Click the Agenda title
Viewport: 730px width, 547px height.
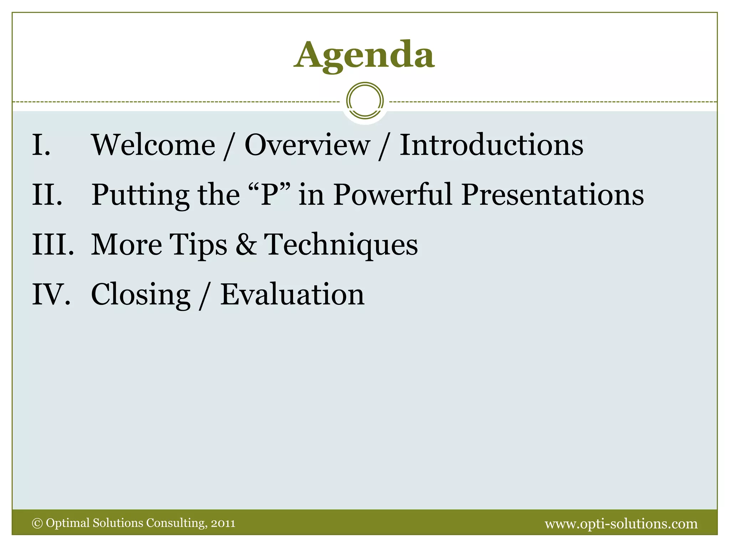[364, 55]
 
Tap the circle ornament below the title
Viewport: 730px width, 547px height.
[365, 101]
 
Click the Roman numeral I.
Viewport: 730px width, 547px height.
[41, 145]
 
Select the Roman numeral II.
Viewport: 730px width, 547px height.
[47, 195]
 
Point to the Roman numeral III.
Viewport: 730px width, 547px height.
[53, 245]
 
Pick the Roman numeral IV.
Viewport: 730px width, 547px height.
[51, 295]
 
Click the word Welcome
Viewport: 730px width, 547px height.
[154, 145]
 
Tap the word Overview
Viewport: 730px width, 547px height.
[307, 145]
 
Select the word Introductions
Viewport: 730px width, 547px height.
[491, 145]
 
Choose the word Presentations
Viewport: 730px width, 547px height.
[552, 195]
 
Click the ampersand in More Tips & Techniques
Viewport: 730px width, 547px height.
[246, 245]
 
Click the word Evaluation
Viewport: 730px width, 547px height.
[292, 295]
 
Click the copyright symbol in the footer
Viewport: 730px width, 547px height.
[37, 523]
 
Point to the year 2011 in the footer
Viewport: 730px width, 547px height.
[223, 523]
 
